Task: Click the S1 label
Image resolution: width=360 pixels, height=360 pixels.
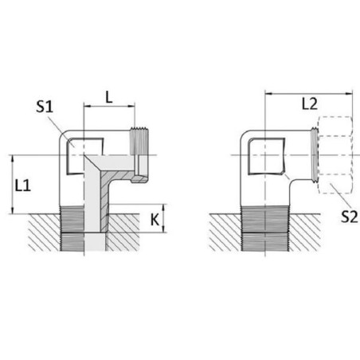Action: [x=45, y=107]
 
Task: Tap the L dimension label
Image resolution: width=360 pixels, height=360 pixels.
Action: [x=109, y=97]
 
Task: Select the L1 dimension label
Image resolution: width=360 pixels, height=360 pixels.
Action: [x=23, y=186]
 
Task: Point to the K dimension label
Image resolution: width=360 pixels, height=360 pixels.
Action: [x=155, y=220]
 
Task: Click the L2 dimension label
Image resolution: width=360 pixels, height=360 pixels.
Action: [x=310, y=104]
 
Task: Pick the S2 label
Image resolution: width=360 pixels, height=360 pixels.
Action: [x=349, y=217]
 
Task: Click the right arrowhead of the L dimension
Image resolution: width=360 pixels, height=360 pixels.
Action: [x=131, y=106]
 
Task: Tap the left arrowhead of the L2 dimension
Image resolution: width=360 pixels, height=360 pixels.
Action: [x=268, y=93]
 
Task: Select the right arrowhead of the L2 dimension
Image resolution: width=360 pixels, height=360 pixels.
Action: [x=349, y=93]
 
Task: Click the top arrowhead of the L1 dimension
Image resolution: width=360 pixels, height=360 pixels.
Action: [x=12, y=158]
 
